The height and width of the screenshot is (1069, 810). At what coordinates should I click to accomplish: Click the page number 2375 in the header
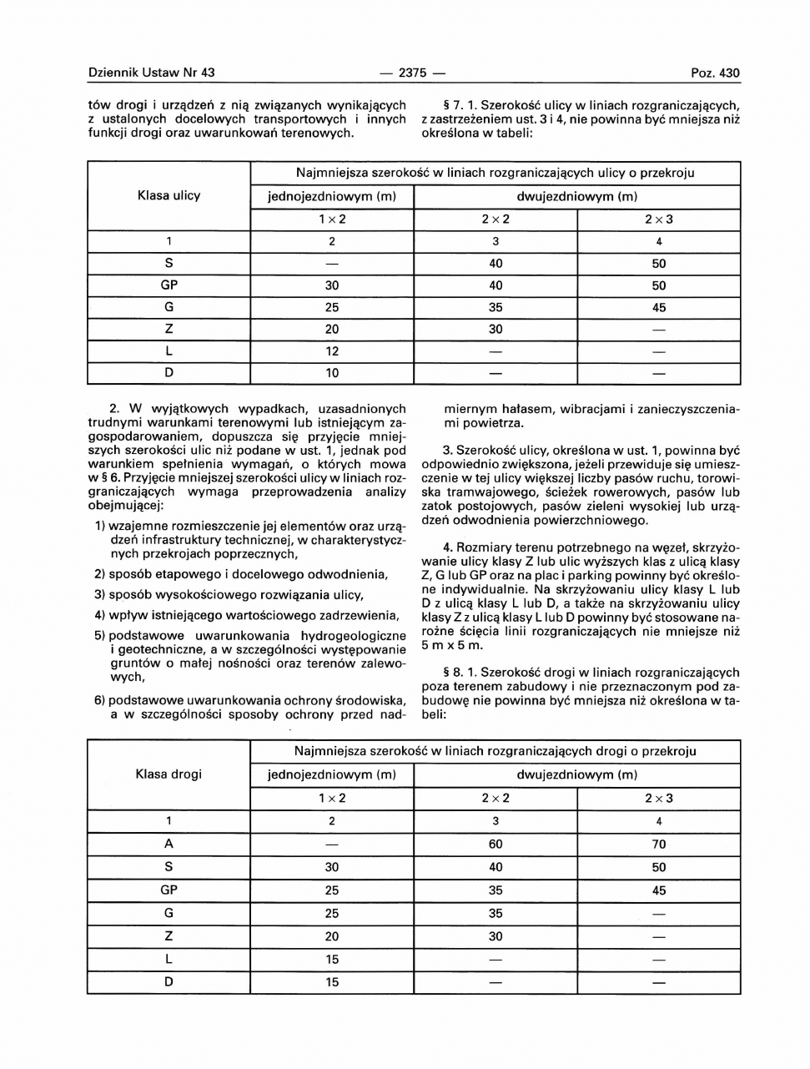point(413,73)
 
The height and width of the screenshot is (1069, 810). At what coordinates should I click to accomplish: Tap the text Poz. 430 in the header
point(715,73)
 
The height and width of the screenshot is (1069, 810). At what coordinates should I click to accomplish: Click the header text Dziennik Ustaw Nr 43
point(151,73)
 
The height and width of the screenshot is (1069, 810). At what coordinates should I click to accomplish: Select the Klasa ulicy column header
point(169,196)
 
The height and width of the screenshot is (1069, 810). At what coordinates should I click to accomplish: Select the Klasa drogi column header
point(169,774)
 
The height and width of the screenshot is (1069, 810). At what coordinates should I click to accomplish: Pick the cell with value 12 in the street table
point(332,351)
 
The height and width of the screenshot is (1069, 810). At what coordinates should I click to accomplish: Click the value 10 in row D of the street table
point(332,373)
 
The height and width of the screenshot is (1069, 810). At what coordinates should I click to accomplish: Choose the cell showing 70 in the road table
point(658,845)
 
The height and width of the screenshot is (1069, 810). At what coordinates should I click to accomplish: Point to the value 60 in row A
point(496,845)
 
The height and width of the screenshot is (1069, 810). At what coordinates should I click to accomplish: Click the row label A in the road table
point(169,845)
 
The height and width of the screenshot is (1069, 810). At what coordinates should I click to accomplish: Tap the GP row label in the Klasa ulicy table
point(169,285)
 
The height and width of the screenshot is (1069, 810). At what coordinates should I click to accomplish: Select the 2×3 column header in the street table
point(658,219)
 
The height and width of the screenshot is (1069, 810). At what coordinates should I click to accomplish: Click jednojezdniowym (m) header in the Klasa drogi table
point(332,774)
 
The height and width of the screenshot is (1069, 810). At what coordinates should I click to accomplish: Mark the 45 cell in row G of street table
point(658,307)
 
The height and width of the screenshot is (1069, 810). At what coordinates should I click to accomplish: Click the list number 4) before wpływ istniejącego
point(100,615)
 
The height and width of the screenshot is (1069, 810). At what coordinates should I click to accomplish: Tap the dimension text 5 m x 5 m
point(452,645)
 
